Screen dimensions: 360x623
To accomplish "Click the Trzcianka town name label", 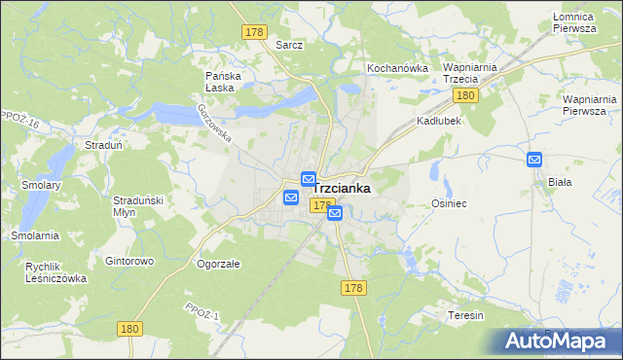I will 342,189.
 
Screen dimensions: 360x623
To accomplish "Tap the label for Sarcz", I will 289,45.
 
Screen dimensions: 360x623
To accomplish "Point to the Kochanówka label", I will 397,68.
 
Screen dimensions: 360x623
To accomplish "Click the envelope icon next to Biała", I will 534,160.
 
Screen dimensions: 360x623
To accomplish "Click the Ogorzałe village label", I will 218,263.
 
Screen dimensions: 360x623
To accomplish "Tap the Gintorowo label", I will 129,262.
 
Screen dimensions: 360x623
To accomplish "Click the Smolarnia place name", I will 35,235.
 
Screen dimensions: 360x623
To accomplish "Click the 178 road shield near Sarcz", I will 255,32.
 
